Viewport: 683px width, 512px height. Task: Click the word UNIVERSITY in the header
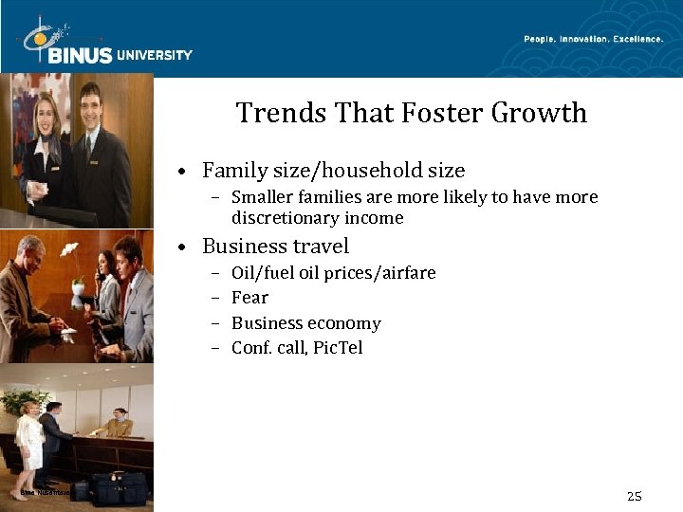coord(155,55)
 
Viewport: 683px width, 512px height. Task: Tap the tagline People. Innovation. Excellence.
coord(594,39)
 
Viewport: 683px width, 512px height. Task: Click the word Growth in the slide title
coord(539,113)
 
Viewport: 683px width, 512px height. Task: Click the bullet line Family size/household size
coord(333,171)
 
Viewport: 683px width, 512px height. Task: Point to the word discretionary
coord(289,218)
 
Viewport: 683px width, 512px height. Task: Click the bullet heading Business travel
coord(275,247)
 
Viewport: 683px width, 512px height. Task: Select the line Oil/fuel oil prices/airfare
coord(333,273)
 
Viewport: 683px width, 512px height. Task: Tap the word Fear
coord(249,298)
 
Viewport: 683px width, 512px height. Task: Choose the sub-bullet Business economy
coord(305,323)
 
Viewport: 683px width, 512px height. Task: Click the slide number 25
coord(635,496)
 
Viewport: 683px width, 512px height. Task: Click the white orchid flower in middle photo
coord(68,249)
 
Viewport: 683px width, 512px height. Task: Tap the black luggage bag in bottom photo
coord(119,488)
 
